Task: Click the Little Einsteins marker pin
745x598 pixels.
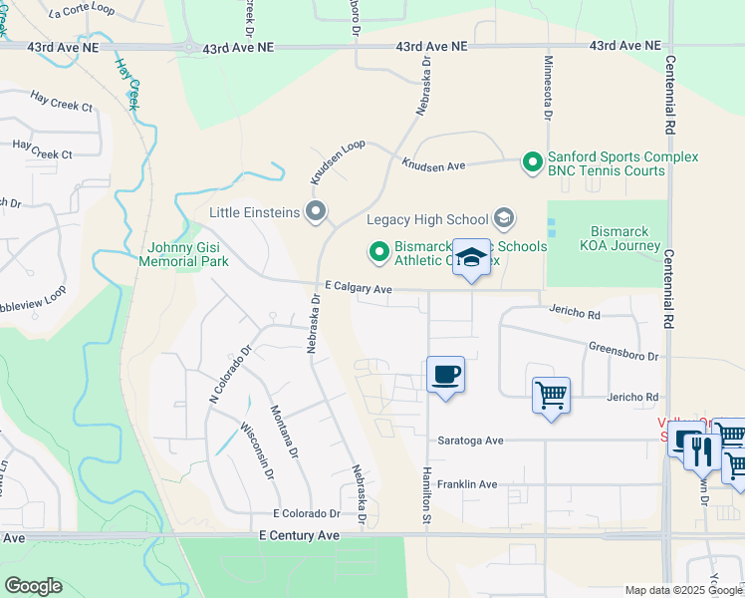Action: (317, 211)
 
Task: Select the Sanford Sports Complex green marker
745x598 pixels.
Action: (533, 159)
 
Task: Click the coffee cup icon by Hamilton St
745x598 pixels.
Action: (445, 376)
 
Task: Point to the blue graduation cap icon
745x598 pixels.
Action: (471, 258)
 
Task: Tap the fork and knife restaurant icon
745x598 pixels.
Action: (702, 446)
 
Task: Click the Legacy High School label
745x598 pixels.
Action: (428, 219)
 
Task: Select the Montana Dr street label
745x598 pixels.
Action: (283, 430)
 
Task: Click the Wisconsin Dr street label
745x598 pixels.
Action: (257, 451)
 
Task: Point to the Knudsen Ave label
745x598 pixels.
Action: (433, 163)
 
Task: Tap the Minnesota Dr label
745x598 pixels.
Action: (547, 87)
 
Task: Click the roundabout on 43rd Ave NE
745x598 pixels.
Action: (188, 46)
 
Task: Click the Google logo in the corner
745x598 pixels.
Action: (33, 586)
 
